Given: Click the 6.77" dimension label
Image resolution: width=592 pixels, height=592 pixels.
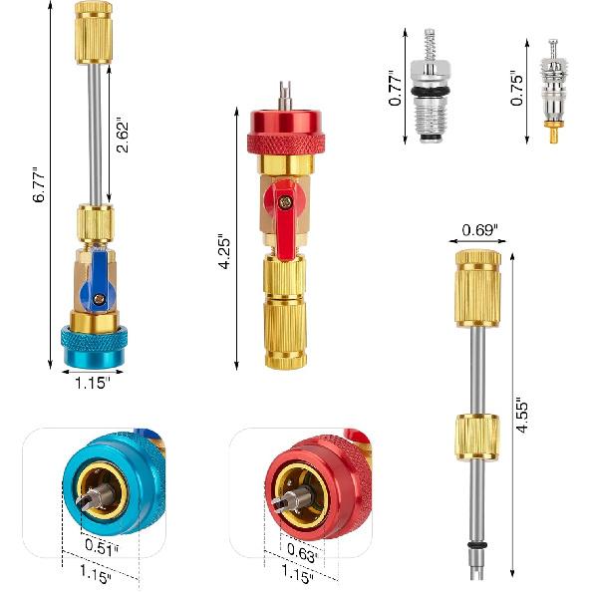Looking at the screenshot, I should coord(40,184).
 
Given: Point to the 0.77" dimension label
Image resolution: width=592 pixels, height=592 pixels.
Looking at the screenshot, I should coord(396,87).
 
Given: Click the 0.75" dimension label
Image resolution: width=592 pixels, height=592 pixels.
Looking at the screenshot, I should coord(516,87).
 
